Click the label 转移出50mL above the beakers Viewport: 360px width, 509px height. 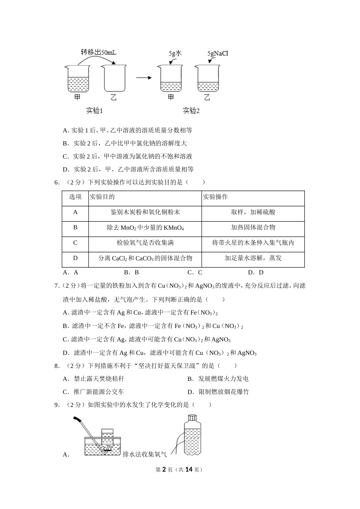pos(98,52)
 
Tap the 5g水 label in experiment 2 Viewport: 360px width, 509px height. pos(175,53)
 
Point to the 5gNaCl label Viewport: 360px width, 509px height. pos(218,54)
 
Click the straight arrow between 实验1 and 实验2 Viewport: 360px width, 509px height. pos(144,78)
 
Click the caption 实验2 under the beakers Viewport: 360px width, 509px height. pos(191,111)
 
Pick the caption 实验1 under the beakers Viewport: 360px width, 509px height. pos(95,111)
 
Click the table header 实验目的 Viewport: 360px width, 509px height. pos(102,197)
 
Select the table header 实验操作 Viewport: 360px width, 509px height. pos(215,197)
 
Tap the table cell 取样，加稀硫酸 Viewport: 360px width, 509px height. pos(253,212)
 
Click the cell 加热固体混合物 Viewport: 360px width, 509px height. pos(253,227)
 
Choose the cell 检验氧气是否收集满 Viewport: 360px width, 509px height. pos(145,243)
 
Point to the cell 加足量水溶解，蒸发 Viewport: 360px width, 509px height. pos(253,258)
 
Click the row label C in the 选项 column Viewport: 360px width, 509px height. pos(75,243)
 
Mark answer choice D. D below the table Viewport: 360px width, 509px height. pos(255,272)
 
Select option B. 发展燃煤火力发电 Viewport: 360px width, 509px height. pos(218,379)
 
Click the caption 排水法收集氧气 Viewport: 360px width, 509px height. pos(145,454)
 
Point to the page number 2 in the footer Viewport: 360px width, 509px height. pos(164,469)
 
